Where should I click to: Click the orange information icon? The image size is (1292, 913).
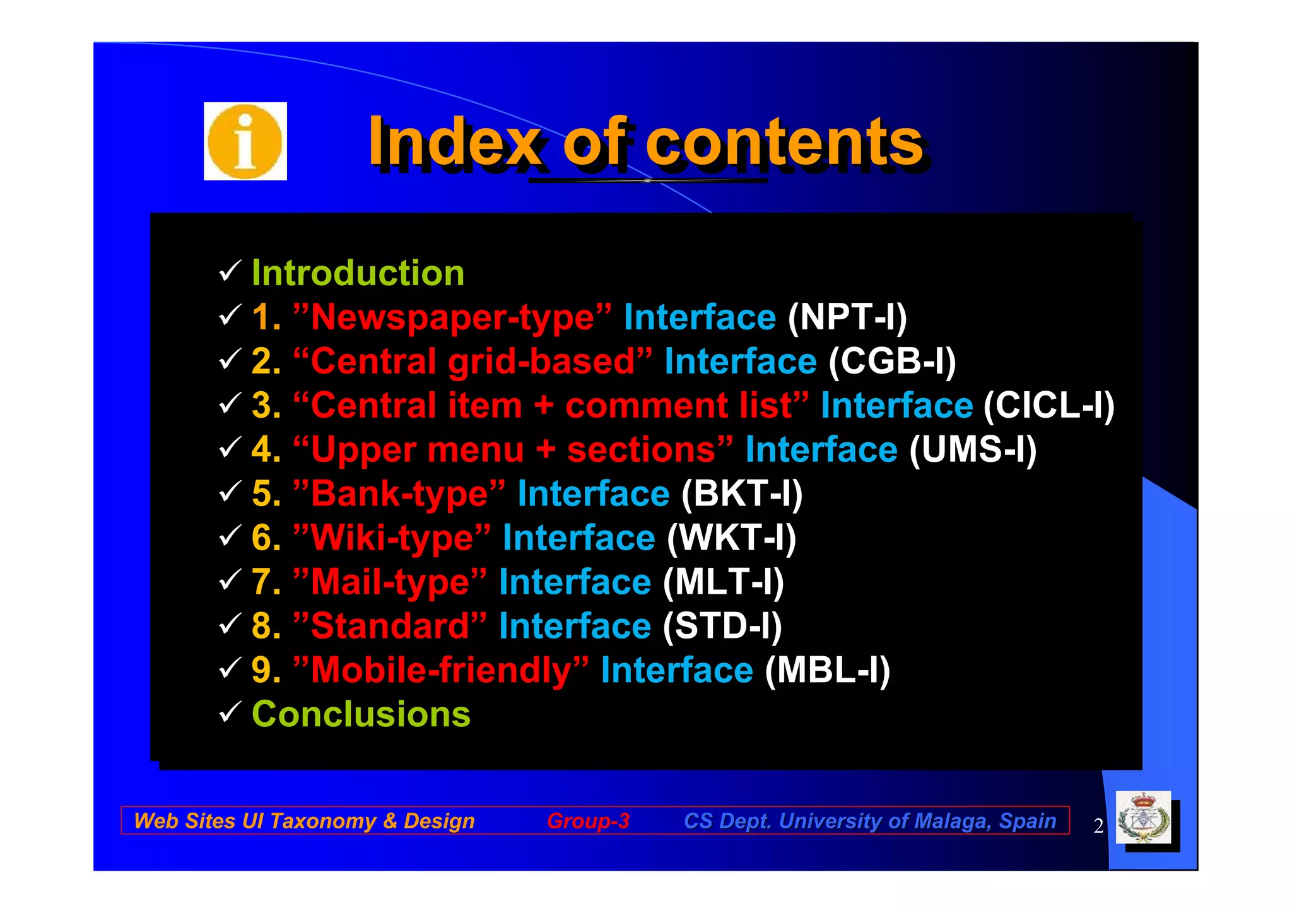pyautogui.click(x=245, y=141)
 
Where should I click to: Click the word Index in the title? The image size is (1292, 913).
pyautogui.click(x=454, y=143)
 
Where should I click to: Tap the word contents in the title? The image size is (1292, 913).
pyautogui.click(x=784, y=143)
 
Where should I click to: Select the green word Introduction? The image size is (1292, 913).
pyautogui.click(x=358, y=273)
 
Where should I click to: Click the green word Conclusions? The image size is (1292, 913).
pyautogui.click(x=361, y=714)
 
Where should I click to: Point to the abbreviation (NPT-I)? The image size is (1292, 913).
pyautogui.click(x=847, y=317)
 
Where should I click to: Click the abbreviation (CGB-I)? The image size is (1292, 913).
pyautogui.click(x=892, y=362)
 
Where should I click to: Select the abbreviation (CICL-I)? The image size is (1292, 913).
pyautogui.click(x=1048, y=405)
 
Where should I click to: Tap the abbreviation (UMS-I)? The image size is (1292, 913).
pyautogui.click(x=973, y=450)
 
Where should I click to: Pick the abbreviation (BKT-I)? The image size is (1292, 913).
pyautogui.click(x=742, y=493)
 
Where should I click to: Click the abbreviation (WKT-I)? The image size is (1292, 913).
pyautogui.click(x=732, y=538)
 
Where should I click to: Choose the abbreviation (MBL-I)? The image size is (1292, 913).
pyautogui.click(x=827, y=670)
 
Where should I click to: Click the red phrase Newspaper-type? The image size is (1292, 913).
pyautogui.click(x=453, y=317)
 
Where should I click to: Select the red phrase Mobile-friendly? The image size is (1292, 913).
pyautogui.click(x=441, y=670)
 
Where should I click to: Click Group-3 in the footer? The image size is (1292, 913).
pyautogui.click(x=588, y=820)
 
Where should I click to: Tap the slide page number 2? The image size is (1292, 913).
pyautogui.click(x=1098, y=826)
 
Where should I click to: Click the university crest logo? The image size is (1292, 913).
pyautogui.click(x=1143, y=818)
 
